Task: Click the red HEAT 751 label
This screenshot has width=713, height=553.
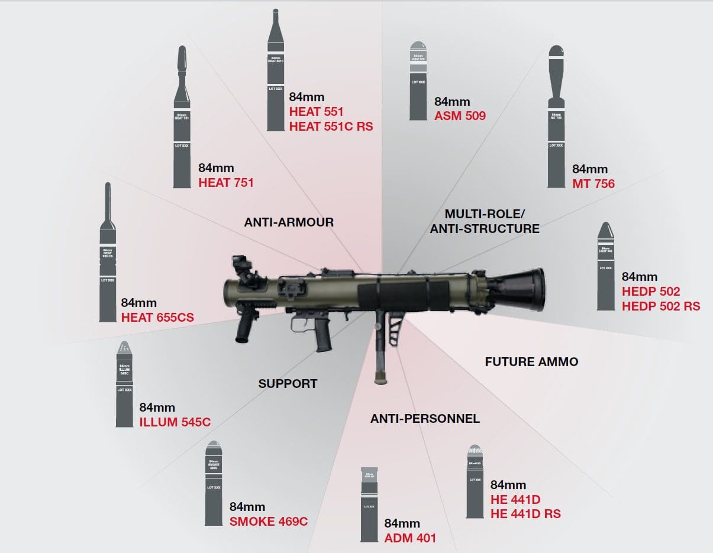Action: pyautogui.click(x=226, y=183)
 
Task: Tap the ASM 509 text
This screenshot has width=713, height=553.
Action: pyautogui.click(x=460, y=116)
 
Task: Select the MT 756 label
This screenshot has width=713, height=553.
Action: pyautogui.click(x=593, y=184)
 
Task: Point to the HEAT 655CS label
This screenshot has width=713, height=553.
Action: pyautogui.click(x=157, y=318)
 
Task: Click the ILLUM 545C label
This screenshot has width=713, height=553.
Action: pyautogui.click(x=175, y=422)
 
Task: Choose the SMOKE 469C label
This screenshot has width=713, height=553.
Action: pyautogui.click(x=268, y=521)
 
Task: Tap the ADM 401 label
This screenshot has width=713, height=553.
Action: pyautogui.click(x=410, y=538)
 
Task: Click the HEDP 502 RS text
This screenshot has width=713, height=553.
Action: pyautogui.click(x=661, y=306)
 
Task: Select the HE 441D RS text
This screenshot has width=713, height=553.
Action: pyautogui.click(x=525, y=513)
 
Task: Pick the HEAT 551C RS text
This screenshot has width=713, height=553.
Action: pyautogui.click(x=331, y=126)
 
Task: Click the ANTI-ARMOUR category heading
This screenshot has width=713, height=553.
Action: pyautogui.click(x=289, y=222)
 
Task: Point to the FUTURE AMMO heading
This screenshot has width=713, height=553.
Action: pyautogui.click(x=531, y=361)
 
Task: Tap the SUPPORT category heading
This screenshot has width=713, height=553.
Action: pyautogui.click(x=288, y=383)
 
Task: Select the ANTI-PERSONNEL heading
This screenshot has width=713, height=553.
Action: pyautogui.click(x=425, y=419)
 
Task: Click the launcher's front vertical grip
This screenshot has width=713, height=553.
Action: pyautogui.click(x=244, y=328)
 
